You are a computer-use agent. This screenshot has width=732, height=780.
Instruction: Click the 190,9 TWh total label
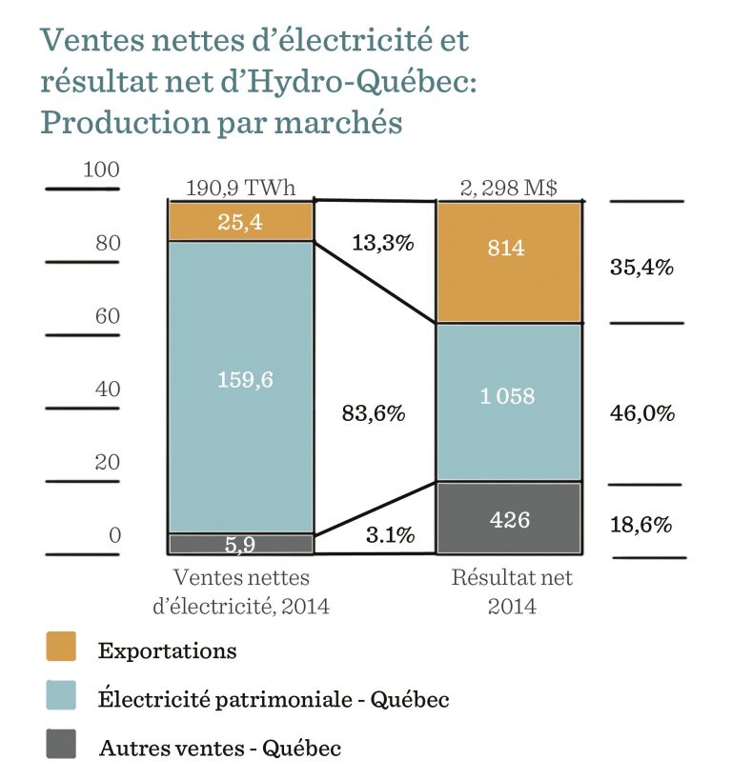click(x=240, y=188)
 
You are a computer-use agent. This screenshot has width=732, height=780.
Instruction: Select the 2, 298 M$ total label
click(x=508, y=188)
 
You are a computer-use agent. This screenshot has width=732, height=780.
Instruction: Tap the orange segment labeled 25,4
click(x=240, y=222)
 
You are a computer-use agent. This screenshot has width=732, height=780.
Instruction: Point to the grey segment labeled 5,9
click(x=240, y=544)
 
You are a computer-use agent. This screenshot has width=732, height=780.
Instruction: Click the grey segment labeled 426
click(x=508, y=518)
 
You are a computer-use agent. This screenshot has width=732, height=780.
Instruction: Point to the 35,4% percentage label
click(x=642, y=267)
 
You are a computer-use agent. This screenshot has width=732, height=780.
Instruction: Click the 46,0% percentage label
click(x=642, y=413)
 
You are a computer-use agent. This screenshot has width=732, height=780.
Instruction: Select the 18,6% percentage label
click(x=642, y=524)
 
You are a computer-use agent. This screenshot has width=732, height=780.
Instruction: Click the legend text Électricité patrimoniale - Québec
click(x=274, y=699)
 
